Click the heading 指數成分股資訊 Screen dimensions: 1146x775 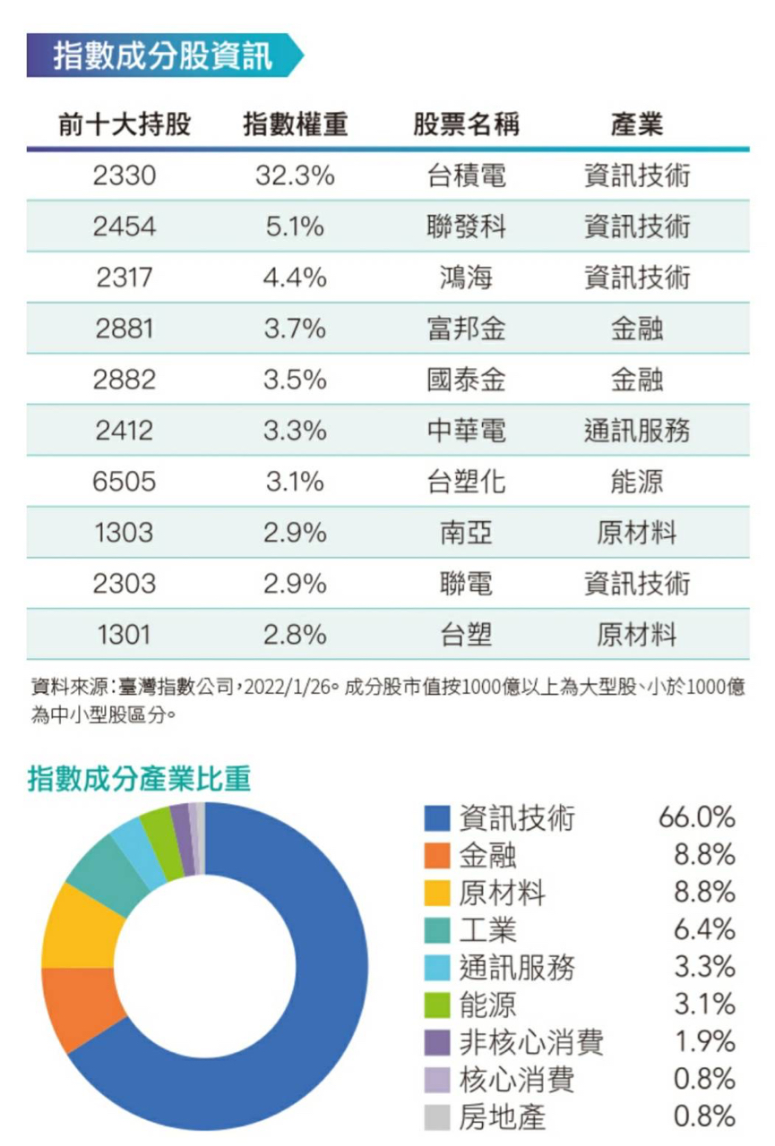(x=162, y=56)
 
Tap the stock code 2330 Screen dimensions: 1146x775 (x=125, y=175)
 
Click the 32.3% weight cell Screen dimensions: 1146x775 (x=295, y=175)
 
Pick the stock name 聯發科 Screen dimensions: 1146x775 (x=466, y=227)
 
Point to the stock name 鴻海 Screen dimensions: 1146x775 (x=466, y=278)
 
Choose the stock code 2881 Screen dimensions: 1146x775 (x=125, y=329)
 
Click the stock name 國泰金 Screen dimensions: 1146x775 (x=466, y=380)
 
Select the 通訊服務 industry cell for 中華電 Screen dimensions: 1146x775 (x=637, y=431)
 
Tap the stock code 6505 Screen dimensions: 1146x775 (x=125, y=482)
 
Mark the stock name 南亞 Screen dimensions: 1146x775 (x=466, y=533)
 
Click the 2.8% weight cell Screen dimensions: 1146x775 (x=295, y=635)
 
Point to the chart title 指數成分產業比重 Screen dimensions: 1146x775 (x=139, y=778)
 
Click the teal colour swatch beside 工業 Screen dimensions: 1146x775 (x=436, y=931)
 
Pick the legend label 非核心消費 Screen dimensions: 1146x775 (x=531, y=1042)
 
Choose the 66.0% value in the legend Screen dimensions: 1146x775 (x=696, y=817)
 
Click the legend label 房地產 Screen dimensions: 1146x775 (x=502, y=1116)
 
